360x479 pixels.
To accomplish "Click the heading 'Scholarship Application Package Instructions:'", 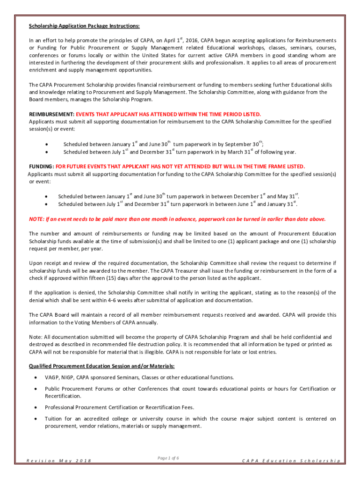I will coord(84,26).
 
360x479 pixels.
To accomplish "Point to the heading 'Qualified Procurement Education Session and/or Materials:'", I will coord(101,366).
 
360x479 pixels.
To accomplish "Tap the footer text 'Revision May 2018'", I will coord(58,461).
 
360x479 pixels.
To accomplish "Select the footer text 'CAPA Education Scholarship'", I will coord(291,461).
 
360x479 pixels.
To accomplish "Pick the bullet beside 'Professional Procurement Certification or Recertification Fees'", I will coord(36,407).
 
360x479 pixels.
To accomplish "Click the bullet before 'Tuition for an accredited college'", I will coord(36,419).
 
